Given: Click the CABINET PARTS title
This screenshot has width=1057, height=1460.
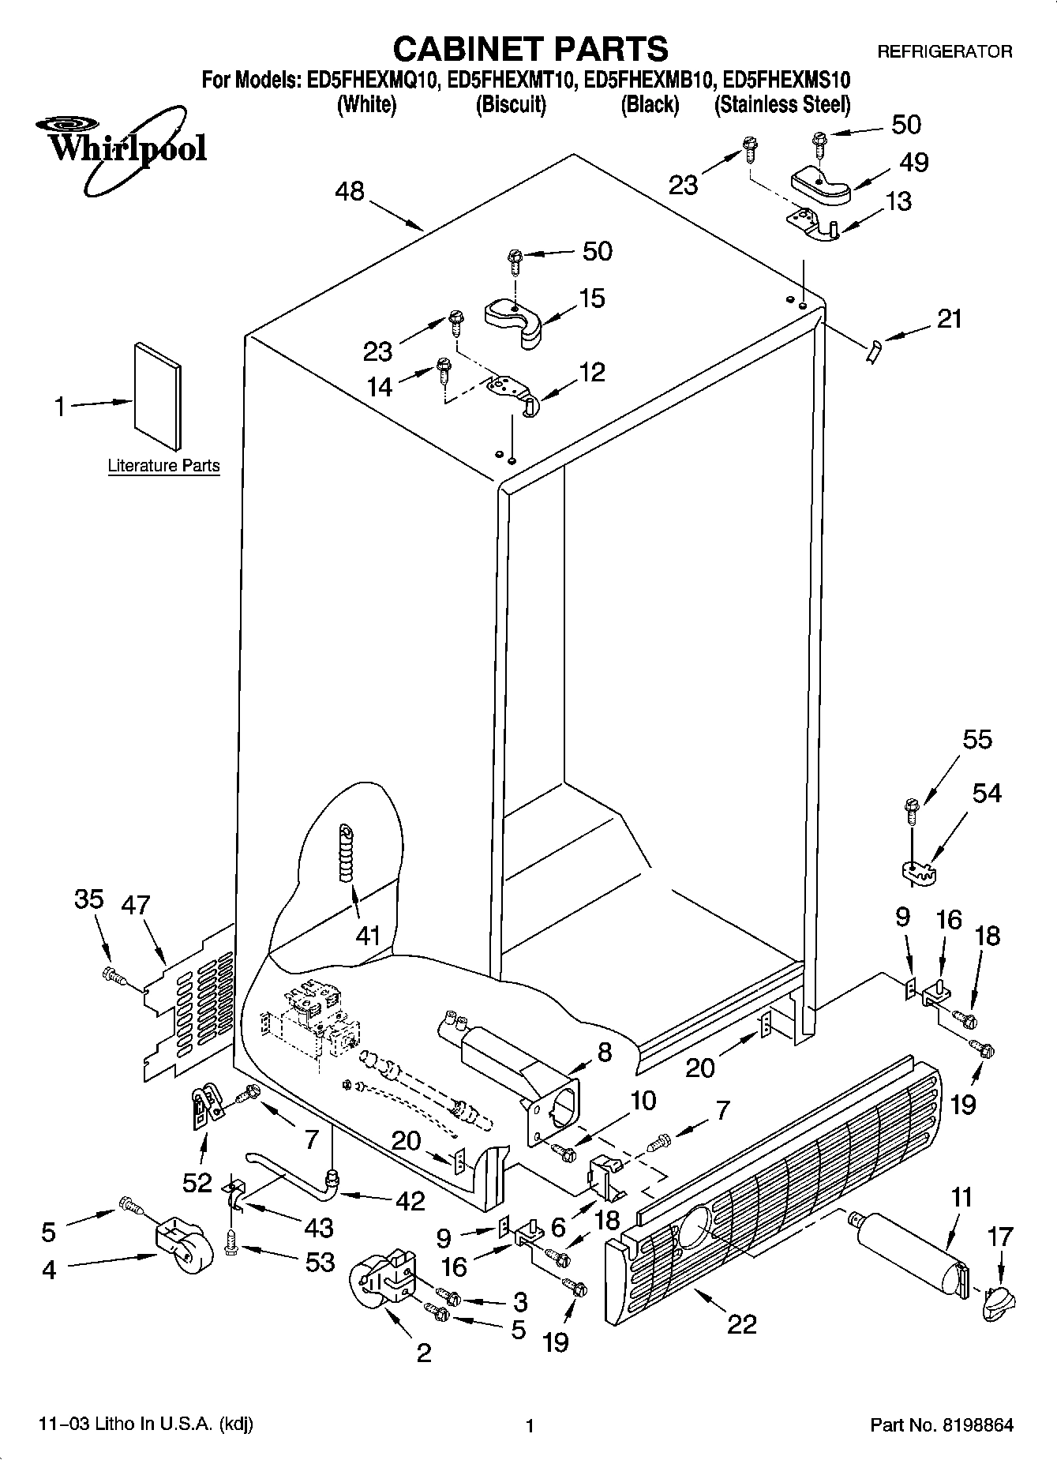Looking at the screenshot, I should [x=530, y=49].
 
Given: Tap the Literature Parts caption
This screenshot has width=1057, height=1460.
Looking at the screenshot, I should [x=163, y=466].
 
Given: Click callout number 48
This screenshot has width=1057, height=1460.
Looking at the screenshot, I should [x=350, y=192].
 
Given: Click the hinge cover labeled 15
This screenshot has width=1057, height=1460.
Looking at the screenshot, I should [x=513, y=320].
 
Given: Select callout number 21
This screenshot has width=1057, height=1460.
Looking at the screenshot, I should [x=950, y=319].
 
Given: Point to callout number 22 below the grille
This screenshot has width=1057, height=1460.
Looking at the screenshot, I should [x=742, y=1323].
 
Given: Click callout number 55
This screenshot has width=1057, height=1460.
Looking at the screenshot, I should [x=977, y=740].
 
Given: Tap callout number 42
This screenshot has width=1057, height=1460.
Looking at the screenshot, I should [x=410, y=1201].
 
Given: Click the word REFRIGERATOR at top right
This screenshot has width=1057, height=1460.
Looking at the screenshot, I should [x=944, y=52].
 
